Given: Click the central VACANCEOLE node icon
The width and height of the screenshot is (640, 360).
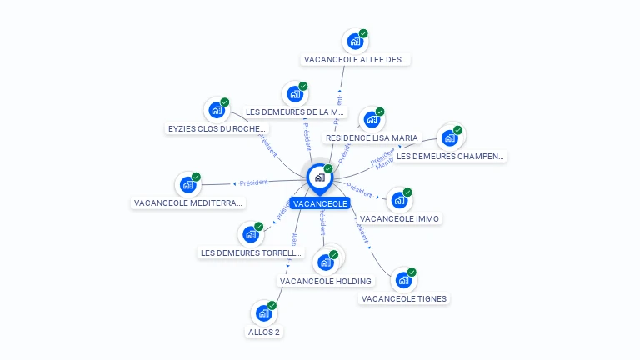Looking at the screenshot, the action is tap(319, 177).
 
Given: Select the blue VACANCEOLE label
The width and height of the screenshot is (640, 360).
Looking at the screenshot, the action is tap(320, 203).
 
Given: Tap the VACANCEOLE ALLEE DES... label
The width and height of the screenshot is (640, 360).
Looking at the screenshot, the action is tap(356, 59).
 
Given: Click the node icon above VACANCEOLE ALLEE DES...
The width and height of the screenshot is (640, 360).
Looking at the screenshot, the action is tap(355, 42).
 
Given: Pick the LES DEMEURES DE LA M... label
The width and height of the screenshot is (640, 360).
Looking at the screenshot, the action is tap(296, 112).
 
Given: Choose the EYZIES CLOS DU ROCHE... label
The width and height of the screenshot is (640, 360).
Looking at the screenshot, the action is tap(217, 128).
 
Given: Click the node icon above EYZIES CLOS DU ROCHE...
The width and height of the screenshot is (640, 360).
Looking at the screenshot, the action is tap(217, 110).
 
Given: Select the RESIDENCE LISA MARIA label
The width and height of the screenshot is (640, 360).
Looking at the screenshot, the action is tap(372, 137).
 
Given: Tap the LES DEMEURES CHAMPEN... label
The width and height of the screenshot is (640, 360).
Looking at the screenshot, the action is tap(450, 156).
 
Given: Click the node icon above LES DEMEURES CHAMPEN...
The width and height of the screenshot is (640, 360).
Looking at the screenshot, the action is tap(450, 137).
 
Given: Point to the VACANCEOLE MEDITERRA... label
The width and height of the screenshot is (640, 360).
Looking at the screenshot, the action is tap(189, 202).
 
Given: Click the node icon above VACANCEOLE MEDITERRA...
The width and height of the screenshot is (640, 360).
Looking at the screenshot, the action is tap(188, 184).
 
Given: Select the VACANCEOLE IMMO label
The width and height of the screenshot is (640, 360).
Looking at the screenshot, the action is tap(400, 218).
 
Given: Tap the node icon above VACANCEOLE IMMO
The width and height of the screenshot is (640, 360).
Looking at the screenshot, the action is tap(400, 200).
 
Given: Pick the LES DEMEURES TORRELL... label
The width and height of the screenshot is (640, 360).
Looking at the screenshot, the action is tap(252, 252).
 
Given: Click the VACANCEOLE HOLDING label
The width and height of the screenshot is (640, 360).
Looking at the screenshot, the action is tap(326, 281).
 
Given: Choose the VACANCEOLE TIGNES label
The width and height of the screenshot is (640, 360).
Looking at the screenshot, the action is tap(404, 298).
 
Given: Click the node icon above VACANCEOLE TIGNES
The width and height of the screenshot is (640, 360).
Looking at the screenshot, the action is tap(403, 281).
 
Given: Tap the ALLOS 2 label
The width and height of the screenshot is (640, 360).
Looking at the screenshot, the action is tap(264, 332).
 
